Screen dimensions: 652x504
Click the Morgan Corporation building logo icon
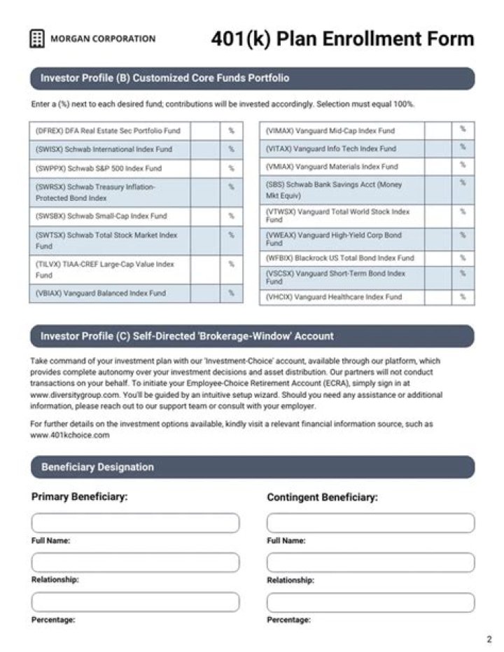tap(37, 39)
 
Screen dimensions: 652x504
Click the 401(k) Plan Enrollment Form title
tap(342, 39)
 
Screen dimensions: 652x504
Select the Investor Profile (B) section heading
tap(164, 78)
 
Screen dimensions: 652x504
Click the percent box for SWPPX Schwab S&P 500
tap(205, 169)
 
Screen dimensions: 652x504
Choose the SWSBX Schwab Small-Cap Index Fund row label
tap(101, 216)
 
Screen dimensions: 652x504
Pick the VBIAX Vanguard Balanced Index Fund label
tap(100, 293)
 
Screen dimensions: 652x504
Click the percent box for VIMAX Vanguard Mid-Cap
tap(437, 131)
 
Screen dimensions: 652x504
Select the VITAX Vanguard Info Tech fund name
tap(331, 148)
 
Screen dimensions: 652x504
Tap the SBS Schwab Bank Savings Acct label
tap(334, 190)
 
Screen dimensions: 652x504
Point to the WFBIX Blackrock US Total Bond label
tap(340, 258)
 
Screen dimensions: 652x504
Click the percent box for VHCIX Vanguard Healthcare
tap(437, 297)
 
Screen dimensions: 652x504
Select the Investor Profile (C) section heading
tap(187, 336)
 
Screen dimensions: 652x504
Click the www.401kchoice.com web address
tap(70, 435)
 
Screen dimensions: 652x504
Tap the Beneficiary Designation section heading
tap(97, 467)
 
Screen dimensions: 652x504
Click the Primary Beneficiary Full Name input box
tap(135, 523)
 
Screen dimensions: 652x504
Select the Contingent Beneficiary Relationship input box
tap(370, 562)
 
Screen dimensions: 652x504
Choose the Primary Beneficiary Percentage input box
tap(135, 602)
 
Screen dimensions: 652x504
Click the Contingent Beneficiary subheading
tap(322, 497)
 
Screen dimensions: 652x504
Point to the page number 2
tap(489, 639)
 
